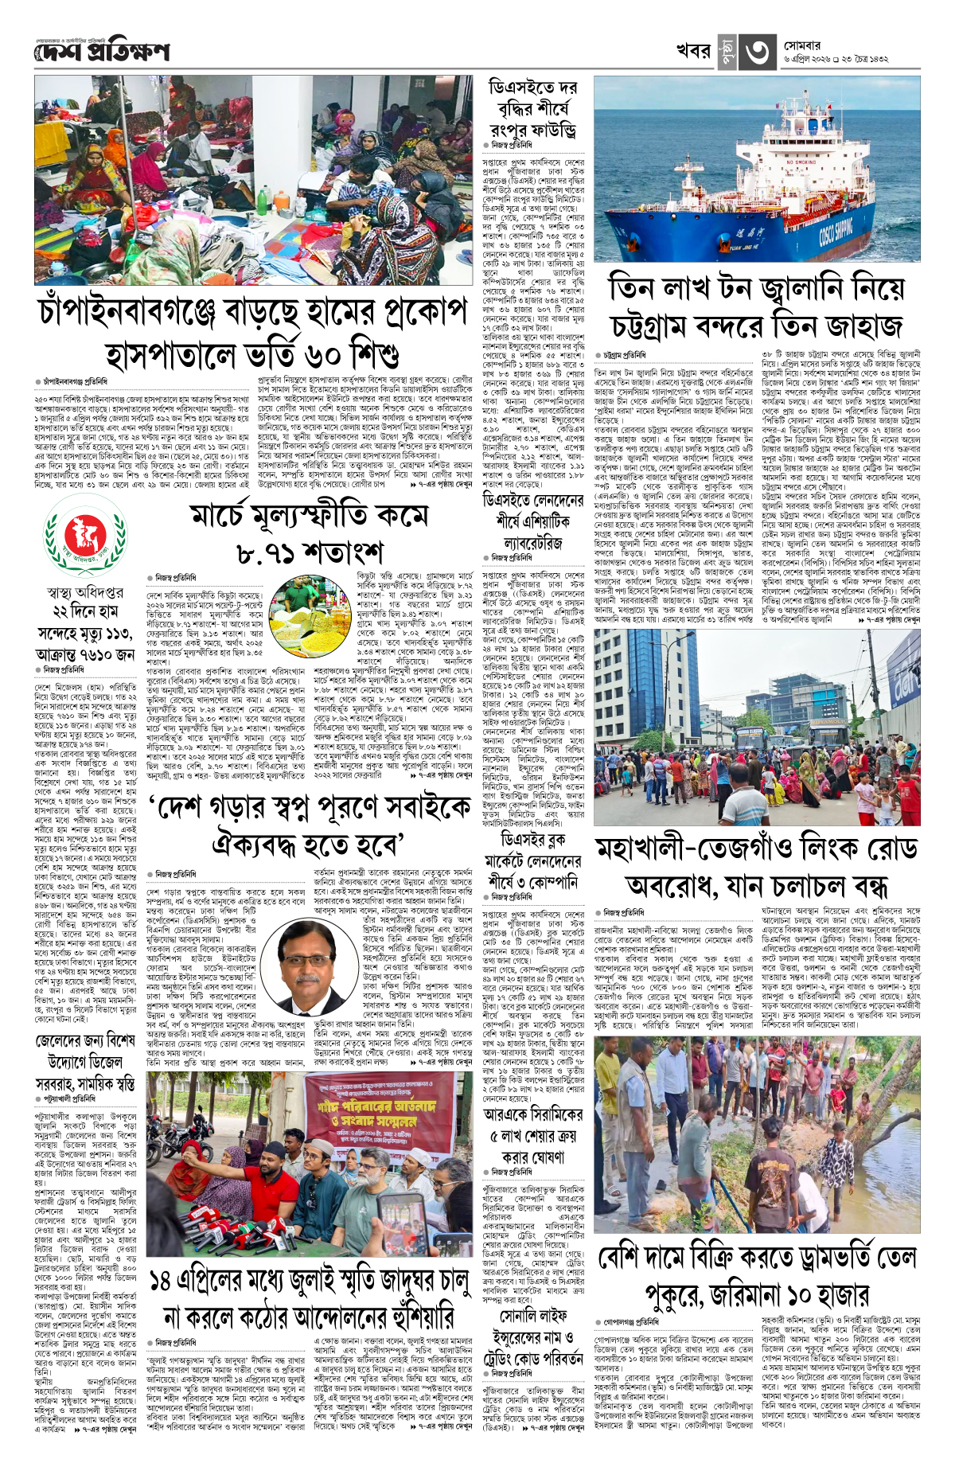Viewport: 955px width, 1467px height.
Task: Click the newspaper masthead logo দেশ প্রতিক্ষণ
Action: pos(102,52)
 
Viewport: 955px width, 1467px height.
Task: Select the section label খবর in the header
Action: pos(693,51)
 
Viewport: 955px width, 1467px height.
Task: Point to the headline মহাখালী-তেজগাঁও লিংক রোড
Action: pos(756,849)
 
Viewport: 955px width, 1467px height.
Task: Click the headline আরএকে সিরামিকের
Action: pos(533,1114)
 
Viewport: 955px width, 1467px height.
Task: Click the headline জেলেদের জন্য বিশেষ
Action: pos(85,1041)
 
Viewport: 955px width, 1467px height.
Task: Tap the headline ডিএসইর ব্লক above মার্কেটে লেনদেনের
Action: pos(533,840)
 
